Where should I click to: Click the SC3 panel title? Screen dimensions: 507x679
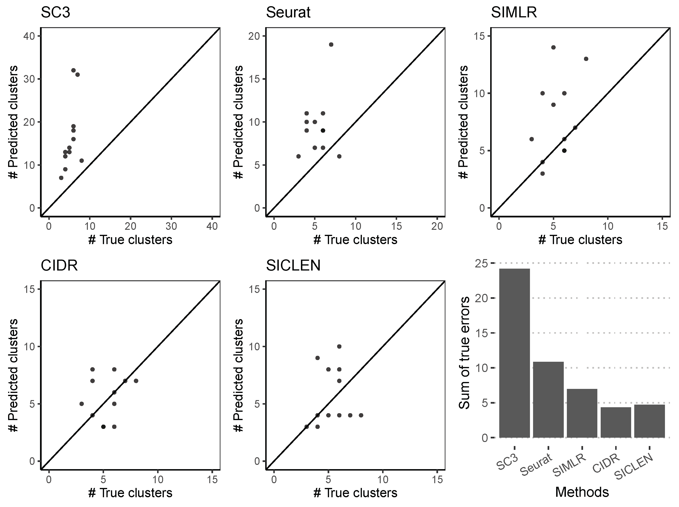(x=55, y=13)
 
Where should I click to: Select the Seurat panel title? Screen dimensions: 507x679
(x=288, y=13)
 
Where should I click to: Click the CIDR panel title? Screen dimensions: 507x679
(x=59, y=266)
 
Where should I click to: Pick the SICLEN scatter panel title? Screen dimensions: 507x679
(x=293, y=266)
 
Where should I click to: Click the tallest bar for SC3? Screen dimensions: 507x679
(x=514, y=353)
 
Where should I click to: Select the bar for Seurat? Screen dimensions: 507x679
(x=548, y=400)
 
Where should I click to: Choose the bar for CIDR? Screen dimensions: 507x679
(x=615, y=422)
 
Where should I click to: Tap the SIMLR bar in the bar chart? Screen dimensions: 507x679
(x=582, y=413)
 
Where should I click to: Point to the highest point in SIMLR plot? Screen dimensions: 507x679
(x=554, y=47)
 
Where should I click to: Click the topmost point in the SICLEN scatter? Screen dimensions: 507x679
(x=339, y=346)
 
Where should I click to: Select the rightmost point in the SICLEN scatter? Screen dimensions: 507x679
(x=361, y=415)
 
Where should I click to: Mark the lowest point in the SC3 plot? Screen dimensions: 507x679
(x=61, y=178)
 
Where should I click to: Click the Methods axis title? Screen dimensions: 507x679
(x=582, y=492)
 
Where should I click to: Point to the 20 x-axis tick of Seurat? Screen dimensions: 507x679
(x=437, y=226)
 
